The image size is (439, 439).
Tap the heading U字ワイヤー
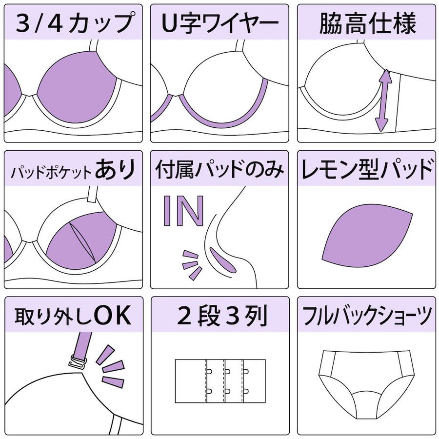tap(220, 22)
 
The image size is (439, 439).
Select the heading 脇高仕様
tap(367, 23)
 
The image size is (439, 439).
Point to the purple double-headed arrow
tap(383, 101)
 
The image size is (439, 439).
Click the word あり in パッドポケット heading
tap(115, 169)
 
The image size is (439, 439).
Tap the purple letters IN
tap(183, 211)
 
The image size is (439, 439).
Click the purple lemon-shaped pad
tap(367, 236)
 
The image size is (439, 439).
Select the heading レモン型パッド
tap(367, 169)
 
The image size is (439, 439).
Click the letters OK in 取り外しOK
tap(113, 315)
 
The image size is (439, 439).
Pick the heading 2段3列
tap(222, 316)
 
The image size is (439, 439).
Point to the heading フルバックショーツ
tap(367, 316)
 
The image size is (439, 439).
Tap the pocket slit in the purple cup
tap(83, 242)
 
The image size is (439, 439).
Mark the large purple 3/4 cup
tap(77, 87)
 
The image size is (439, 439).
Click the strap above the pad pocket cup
tap(91, 194)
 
